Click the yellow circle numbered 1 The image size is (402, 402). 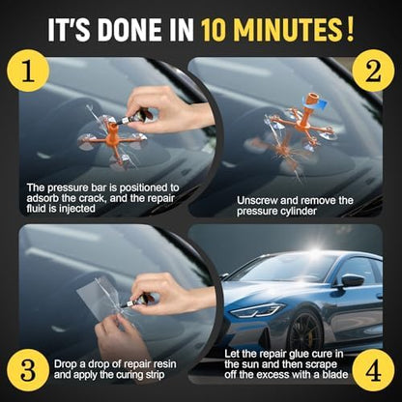tap(28, 71)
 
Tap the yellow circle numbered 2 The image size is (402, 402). tap(373, 71)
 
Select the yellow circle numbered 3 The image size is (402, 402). tap(28, 370)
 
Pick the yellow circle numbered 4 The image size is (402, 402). tap(373, 370)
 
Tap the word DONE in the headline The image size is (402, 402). tap(129, 30)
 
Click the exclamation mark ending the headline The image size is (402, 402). tap(350, 30)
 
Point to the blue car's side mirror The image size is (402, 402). tap(352, 280)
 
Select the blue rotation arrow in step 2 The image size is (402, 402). tap(317, 103)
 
